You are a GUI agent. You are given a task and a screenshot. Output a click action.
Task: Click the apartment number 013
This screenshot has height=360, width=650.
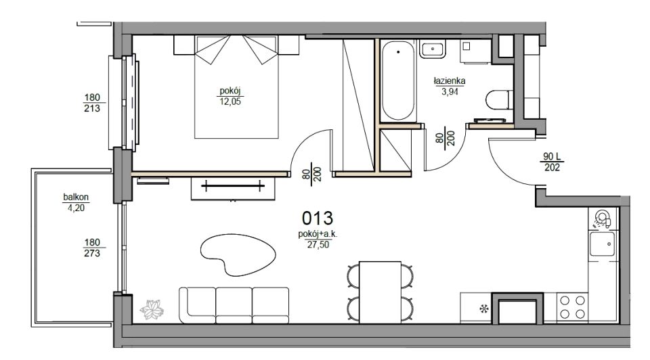tap(317, 218)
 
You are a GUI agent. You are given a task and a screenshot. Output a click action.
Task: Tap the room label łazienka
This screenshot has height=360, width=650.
tap(450, 81)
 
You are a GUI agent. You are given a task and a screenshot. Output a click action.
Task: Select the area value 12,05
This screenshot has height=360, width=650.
tap(230, 102)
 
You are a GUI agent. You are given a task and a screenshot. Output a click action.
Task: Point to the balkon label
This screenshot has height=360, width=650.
tap(76, 197)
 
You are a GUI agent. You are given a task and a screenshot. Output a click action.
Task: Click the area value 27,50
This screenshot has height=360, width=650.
tap(318, 244)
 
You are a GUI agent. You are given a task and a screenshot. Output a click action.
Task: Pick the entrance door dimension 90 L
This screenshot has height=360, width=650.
tap(552, 156)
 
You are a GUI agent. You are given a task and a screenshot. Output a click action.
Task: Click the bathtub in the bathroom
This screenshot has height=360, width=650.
tap(398, 81)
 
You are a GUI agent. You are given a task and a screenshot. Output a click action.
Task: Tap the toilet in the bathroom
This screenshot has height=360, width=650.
tap(499, 99)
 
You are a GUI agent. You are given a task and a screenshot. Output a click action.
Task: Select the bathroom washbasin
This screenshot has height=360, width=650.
tap(433, 49)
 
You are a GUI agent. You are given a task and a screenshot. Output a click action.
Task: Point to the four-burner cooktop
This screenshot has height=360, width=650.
tap(573, 307)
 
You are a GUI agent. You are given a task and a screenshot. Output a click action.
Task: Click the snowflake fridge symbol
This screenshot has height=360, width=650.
tap(483, 308)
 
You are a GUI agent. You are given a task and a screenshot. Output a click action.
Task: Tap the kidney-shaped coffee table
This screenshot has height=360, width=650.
tap(238, 254)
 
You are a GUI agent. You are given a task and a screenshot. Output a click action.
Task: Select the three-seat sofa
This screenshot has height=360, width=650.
tap(234, 305)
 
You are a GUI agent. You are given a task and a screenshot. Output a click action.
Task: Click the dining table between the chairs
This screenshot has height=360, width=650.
tap(380, 292)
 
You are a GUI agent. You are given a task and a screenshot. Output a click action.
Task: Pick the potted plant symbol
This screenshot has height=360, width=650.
tap(151, 309)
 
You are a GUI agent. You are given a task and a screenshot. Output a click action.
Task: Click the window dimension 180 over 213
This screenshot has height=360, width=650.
tap(92, 103)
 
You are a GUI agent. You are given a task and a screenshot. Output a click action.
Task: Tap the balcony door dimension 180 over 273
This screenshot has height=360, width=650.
tap(92, 247)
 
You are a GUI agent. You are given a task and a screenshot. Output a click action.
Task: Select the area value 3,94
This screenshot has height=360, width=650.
tap(450, 91)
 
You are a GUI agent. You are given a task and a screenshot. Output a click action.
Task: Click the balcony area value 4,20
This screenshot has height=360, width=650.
tap(76, 208)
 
